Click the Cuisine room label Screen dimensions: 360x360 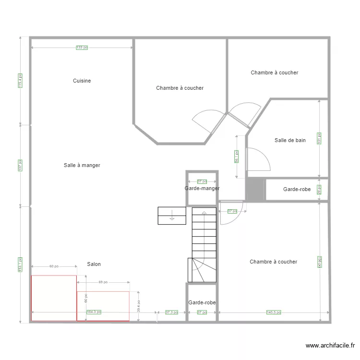[x=82, y=81]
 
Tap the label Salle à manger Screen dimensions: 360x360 [x=82, y=165]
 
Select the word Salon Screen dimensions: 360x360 [x=94, y=264]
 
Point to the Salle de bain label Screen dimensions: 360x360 [x=290, y=140]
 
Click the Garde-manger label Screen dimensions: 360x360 [x=202, y=189]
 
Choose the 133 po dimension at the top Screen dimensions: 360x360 [x=82, y=48]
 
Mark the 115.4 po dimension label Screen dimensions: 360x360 [x=20, y=81]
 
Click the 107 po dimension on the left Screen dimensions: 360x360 [x=20, y=165]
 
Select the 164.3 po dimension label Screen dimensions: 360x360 [x=94, y=312]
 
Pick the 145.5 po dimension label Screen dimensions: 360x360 [x=274, y=312]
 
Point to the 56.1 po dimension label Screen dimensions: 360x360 [x=237, y=156]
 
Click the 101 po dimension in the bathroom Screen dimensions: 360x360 [x=319, y=138]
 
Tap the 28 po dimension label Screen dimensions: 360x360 [x=319, y=190]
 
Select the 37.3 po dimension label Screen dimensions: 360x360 [x=171, y=312]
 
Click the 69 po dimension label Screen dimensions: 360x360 [x=103, y=282]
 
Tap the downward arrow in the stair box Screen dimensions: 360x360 [x=171, y=218]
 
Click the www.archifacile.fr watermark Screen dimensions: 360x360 [x=330, y=345]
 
